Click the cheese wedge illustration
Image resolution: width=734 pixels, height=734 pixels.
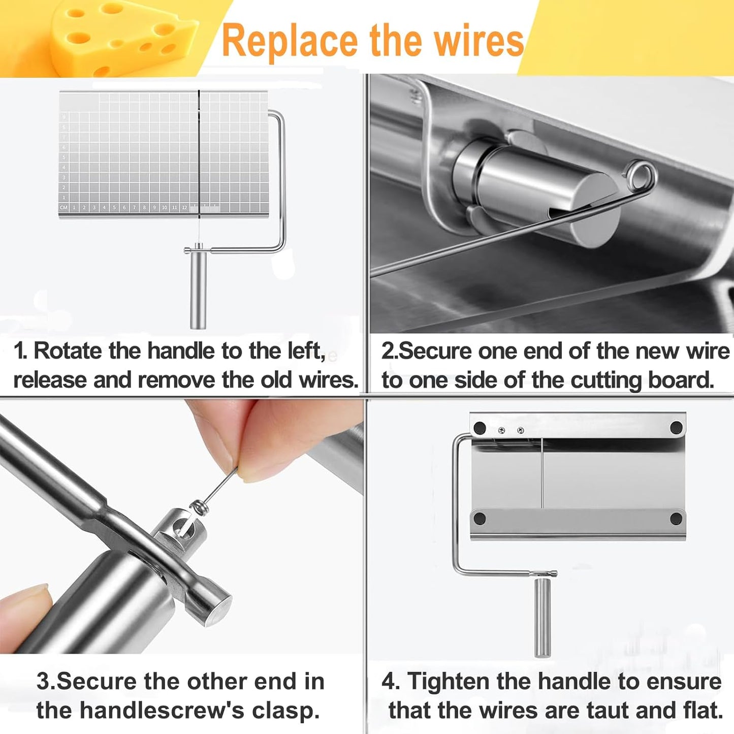(122, 38)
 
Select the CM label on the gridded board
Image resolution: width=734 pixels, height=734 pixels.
(63, 207)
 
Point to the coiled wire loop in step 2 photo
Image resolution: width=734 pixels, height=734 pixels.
(641, 175)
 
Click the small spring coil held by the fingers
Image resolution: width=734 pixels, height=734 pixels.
(199, 506)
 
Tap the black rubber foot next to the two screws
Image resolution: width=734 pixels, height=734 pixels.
(480, 428)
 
